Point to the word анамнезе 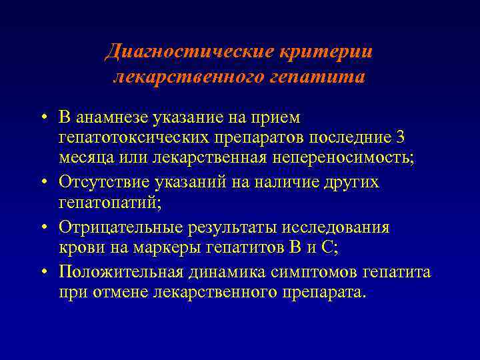tap(113, 117)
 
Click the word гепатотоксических tap(129, 137)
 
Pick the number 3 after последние tap(400, 137)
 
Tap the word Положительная tap(115, 272)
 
